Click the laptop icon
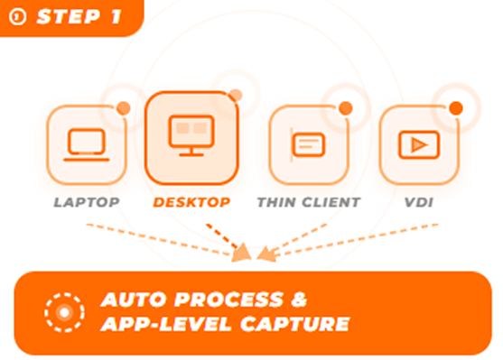point(87,144)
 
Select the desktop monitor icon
point(191,135)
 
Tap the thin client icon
point(308,144)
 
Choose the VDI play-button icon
point(419,145)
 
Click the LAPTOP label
point(87,202)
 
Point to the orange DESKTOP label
point(191,202)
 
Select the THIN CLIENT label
point(309,202)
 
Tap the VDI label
point(419,202)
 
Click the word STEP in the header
point(69,16)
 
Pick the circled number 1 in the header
point(17,16)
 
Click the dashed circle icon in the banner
point(64,312)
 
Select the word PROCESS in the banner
point(228,300)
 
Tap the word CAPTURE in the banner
point(294,324)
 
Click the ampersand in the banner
point(299,300)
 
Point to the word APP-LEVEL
point(166,324)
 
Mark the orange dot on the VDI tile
point(456,108)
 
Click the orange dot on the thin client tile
point(346,108)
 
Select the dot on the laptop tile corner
point(124,108)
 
